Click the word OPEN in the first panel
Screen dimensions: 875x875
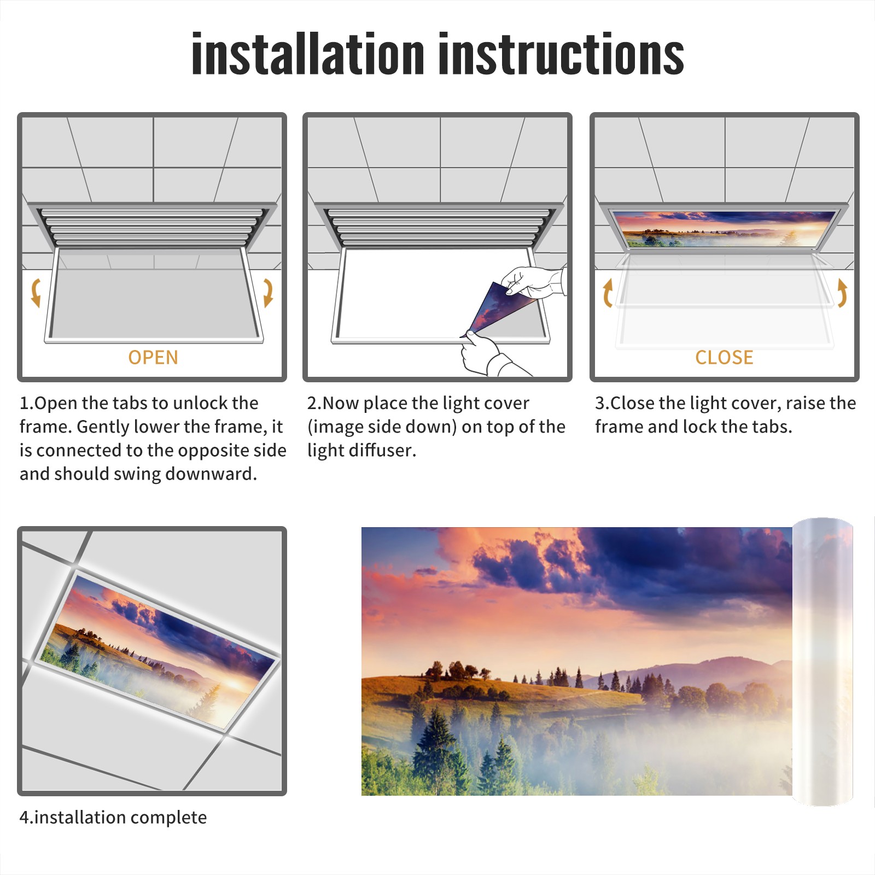[153, 358]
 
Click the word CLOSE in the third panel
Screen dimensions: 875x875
[724, 358]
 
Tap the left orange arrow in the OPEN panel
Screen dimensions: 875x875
[36, 293]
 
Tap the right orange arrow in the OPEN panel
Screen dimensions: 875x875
[268, 293]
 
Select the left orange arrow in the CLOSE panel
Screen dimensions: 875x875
[607, 293]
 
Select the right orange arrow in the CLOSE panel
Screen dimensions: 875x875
[842, 293]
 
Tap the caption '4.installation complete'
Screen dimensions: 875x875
[113, 817]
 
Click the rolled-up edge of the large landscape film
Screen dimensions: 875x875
[822, 662]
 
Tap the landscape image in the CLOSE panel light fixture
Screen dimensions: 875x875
[724, 228]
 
